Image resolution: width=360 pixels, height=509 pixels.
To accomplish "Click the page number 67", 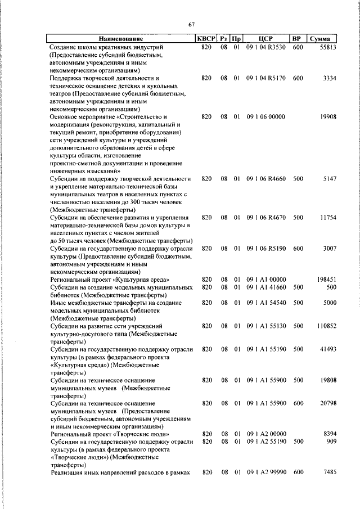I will tap(191, 24).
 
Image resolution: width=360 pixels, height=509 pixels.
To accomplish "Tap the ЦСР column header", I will tap(266, 39).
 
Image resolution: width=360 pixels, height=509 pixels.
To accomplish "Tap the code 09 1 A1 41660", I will tap(266, 287).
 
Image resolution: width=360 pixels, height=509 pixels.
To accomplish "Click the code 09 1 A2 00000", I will tap(266, 434).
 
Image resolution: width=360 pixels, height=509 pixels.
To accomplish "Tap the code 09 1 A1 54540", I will tap(266, 303).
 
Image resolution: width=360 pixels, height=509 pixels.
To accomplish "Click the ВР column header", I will tap(298, 39).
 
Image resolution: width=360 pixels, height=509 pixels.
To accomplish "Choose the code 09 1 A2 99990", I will tap(266, 473).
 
